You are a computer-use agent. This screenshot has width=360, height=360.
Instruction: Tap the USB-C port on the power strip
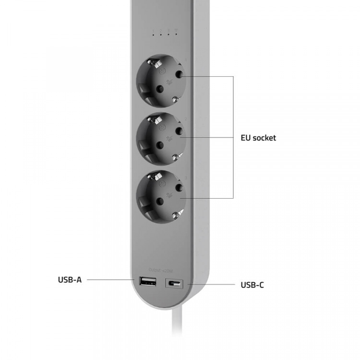tap(173, 284)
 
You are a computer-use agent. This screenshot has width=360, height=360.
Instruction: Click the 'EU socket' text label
tap(258, 138)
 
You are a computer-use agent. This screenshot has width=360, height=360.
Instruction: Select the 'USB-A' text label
tap(70, 279)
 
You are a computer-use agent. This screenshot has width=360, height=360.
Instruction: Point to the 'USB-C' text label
tap(252, 285)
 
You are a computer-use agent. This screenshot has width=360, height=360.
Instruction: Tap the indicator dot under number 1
tap(154, 36)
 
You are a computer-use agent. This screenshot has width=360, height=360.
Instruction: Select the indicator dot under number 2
tap(161, 36)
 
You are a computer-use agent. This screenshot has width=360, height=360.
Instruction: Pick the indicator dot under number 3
tap(168, 36)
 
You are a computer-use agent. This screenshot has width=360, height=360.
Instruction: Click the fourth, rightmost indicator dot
tap(176, 36)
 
